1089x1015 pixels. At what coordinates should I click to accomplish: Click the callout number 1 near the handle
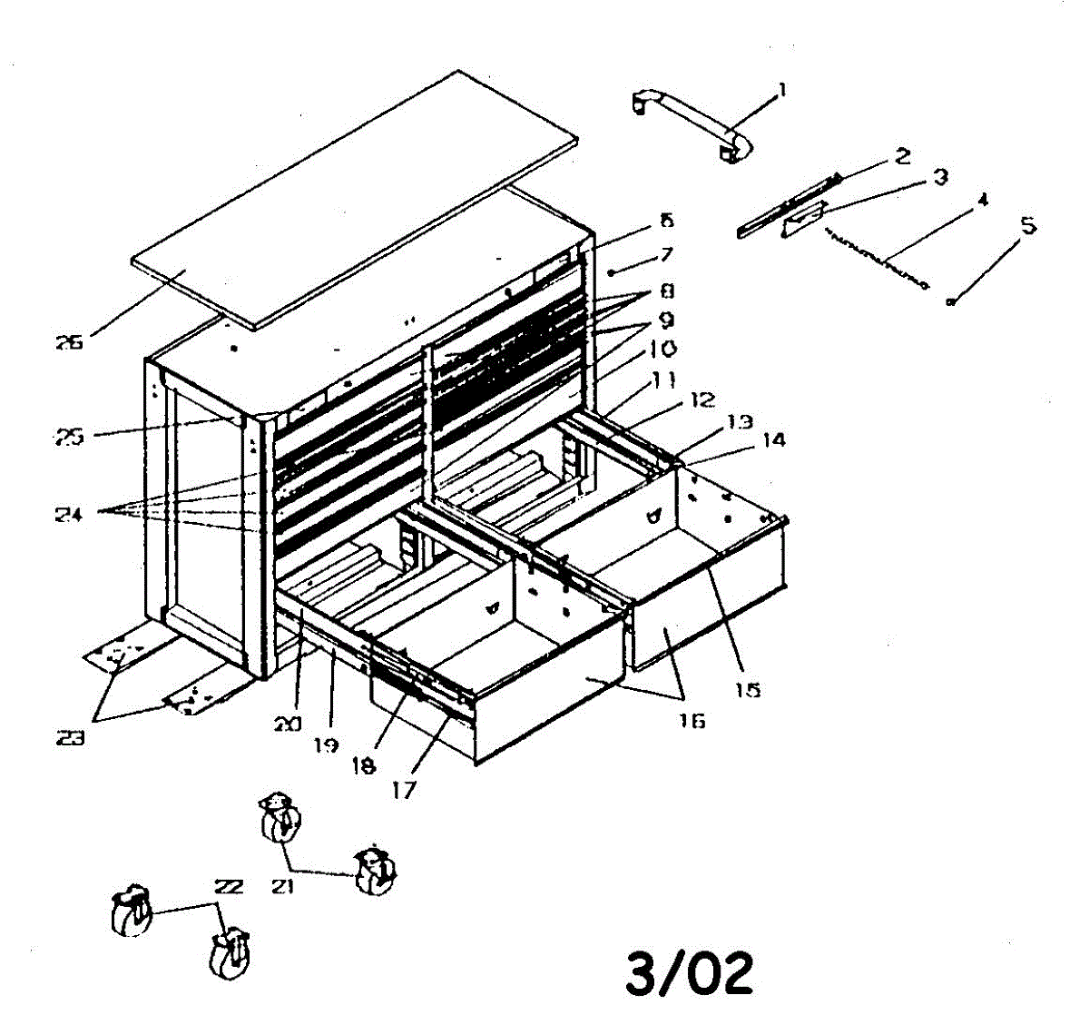click(782, 91)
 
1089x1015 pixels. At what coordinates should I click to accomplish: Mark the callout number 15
click(747, 690)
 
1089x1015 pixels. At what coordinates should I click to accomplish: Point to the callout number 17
click(404, 790)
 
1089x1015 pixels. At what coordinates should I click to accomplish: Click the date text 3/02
click(690, 971)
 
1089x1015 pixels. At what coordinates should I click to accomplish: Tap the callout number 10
click(662, 349)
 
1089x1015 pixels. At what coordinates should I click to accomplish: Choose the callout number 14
click(774, 440)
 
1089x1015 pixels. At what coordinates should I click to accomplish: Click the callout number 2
click(902, 157)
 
